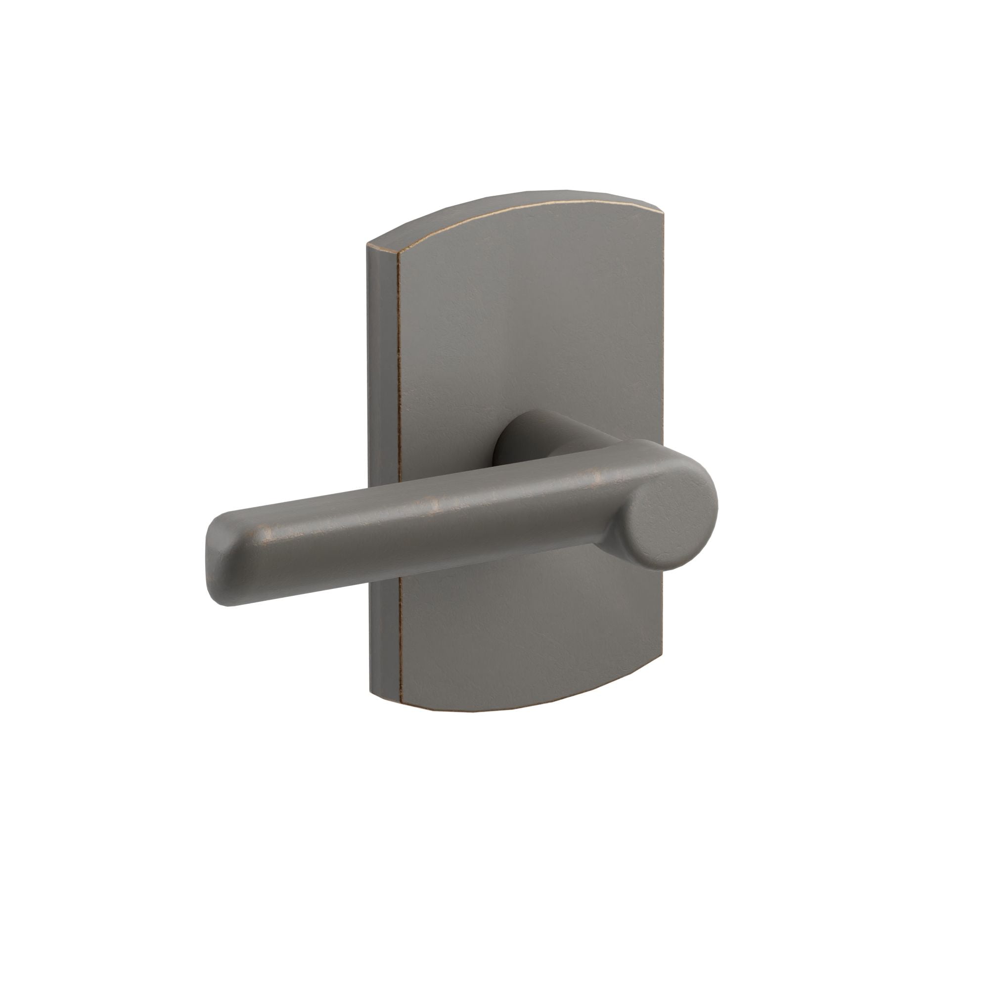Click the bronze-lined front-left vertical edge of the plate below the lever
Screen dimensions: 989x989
[399, 640]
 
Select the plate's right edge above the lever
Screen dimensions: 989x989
[662, 333]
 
